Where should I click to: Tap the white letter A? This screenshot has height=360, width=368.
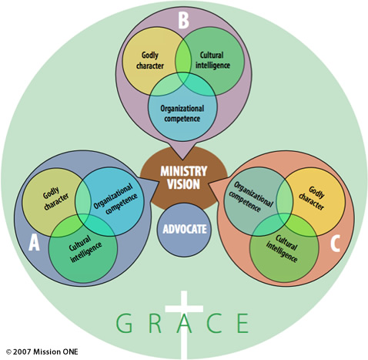pos(34,243)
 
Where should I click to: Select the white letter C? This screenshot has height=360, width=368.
pos(335,243)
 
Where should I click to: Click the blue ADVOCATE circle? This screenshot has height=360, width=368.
pos(184,230)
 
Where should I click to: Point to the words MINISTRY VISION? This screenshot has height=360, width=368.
pos(183,177)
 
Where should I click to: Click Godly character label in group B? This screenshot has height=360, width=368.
pos(150,60)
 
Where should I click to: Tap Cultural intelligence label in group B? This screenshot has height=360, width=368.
pos(212,60)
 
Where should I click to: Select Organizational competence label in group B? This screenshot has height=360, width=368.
pos(182,113)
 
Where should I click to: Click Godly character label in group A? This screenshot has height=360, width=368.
pos(55,198)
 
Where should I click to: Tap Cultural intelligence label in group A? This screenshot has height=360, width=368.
pos(85,249)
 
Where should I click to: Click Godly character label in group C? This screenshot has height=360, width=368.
pos(312,198)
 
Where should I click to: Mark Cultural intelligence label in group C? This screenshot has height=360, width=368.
pos(282,249)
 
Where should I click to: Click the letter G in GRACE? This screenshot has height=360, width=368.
pos(124,323)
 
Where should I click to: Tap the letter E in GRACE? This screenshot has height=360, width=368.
pos(243,323)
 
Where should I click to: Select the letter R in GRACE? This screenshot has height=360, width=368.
pos(155,323)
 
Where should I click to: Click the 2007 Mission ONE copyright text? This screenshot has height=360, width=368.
pos(42,352)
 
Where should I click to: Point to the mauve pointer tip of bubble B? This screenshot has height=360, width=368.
pos(182,160)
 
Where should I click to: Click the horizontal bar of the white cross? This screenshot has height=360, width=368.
pos(184,308)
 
